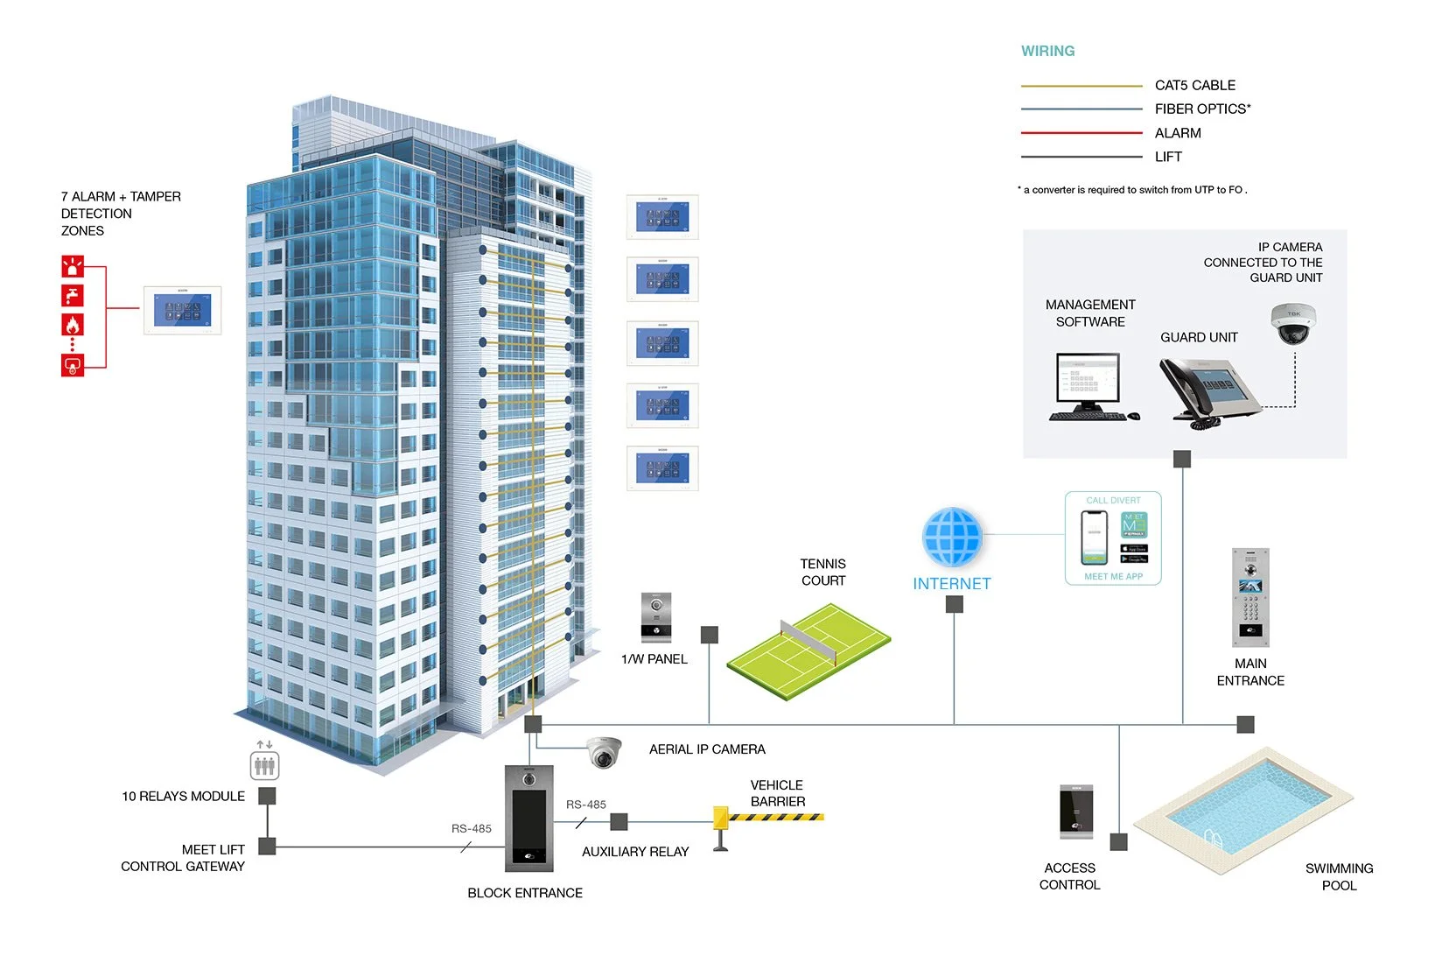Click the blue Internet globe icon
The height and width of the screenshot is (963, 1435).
click(952, 538)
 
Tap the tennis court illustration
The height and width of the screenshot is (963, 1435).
click(808, 651)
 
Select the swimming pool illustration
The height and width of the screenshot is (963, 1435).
click(1242, 809)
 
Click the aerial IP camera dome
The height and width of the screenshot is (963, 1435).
click(604, 752)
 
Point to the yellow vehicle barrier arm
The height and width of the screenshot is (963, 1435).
click(773, 817)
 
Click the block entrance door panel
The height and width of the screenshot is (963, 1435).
click(529, 819)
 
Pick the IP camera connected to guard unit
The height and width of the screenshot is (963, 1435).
click(1293, 323)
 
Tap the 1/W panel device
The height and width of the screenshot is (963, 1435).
click(656, 617)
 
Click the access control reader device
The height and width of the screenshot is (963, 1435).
click(1076, 812)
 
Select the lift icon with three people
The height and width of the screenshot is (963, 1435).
click(264, 766)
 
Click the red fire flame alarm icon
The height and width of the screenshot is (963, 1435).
click(73, 325)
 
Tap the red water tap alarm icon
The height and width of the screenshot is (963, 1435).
click(73, 295)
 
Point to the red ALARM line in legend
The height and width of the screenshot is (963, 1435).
click(1081, 133)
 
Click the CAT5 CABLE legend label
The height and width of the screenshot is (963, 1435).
click(1194, 85)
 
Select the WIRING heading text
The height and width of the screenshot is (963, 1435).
click(1047, 51)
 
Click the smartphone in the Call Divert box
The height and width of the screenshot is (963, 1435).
click(1094, 537)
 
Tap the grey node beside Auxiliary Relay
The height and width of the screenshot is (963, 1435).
click(619, 821)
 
